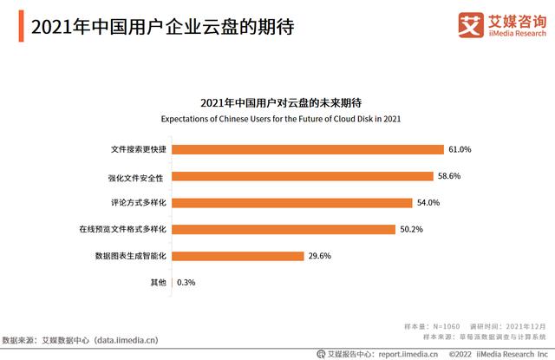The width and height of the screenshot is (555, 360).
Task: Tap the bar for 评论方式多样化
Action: coord(292,203)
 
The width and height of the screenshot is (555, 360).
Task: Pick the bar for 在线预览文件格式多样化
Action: coord(284,230)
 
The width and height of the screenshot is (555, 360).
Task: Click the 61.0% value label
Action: coord(460,149)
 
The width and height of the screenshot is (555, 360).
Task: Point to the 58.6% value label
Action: coord(449,176)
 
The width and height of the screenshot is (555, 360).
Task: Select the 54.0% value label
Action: coord(428,203)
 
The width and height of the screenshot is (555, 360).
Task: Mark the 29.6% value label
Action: coord(320,256)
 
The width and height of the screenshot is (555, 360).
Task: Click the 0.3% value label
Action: coord(186,283)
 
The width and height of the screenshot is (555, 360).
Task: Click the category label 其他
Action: coord(160,283)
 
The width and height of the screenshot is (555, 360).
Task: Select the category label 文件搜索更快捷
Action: coord(139,149)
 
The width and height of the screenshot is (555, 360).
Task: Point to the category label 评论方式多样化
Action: coord(139,203)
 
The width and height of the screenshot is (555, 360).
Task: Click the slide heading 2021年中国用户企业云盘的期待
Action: coord(161,27)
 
